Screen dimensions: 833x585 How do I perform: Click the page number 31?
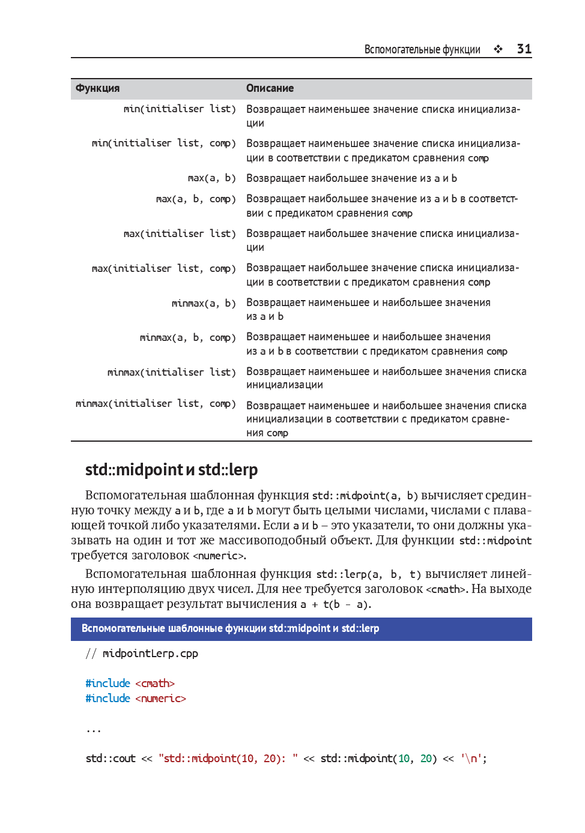coord(524,49)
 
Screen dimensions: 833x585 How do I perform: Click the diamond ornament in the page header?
coord(498,49)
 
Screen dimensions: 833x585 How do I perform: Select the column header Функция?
coord(97,88)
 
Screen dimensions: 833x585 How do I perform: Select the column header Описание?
coord(270,88)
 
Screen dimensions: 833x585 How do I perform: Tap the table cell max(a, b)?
coord(211,178)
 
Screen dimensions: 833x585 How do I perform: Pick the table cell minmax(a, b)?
coord(204,303)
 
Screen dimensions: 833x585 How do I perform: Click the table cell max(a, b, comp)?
coord(196,199)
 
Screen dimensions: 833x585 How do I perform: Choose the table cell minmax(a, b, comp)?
coord(187,338)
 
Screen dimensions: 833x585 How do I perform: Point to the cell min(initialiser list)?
coord(180,109)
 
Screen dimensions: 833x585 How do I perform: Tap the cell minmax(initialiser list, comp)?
coord(156,404)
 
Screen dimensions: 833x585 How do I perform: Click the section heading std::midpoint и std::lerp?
coord(171,469)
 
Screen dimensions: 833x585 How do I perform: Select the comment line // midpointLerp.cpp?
coord(142,654)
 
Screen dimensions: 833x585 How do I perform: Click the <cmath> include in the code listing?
coord(155,684)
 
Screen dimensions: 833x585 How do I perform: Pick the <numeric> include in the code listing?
coord(160,699)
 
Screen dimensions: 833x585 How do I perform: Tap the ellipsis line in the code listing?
coord(94,730)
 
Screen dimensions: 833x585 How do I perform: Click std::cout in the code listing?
coord(111,759)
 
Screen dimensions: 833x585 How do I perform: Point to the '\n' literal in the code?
coord(473,759)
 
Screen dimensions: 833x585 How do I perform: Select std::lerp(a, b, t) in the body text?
coord(368,574)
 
